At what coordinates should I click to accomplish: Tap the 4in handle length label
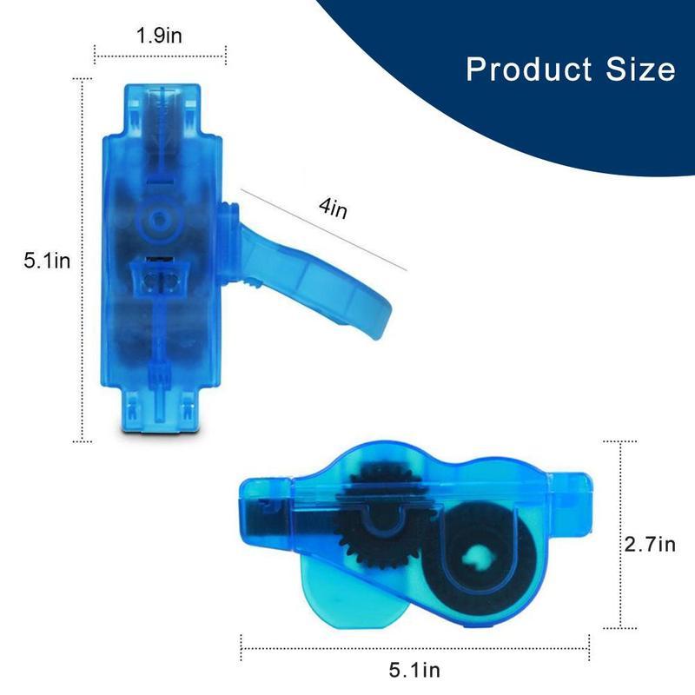coord(334,209)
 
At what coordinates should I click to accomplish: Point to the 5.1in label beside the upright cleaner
coord(47,260)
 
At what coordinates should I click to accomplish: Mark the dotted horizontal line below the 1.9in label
coord(161,54)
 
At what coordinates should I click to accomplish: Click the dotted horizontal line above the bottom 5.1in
coord(414,647)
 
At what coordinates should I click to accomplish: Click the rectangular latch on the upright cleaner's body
coord(161,279)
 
